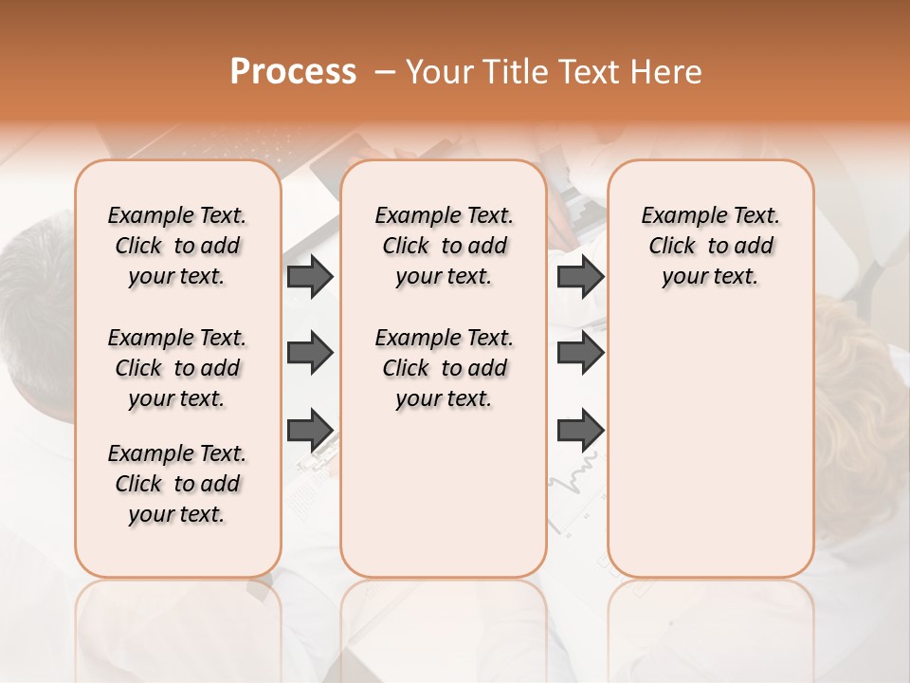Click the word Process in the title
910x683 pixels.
pyautogui.click(x=293, y=72)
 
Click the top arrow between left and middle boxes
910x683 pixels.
pyautogui.click(x=310, y=276)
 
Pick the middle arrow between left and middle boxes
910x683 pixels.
pyautogui.click(x=310, y=354)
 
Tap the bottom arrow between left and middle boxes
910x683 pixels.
pyautogui.click(x=310, y=431)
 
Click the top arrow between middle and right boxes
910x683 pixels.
pyautogui.click(x=580, y=276)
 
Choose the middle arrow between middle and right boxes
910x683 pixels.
pyautogui.click(x=580, y=354)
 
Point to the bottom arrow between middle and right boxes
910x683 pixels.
pyautogui.click(x=580, y=431)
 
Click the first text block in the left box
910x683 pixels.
pyautogui.click(x=177, y=246)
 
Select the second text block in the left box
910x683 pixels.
pyautogui.click(x=177, y=368)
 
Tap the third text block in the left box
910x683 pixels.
pyautogui.click(x=177, y=484)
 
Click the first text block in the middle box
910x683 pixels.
pyautogui.click(x=444, y=246)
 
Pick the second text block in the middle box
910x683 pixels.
pyautogui.click(x=444, y=368)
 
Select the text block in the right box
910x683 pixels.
pyautogui.click(x=710, y=246)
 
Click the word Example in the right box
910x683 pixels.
pyautogui.click(x=676, y=216)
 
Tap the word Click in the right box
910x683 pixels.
pyautogui.click(x=672, y=247)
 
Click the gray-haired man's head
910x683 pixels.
pyautogui.click(x=33, y=285)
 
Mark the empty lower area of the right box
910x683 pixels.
pyautogui.click(x=710, y=446)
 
